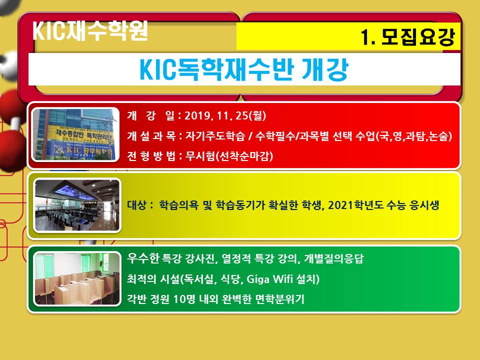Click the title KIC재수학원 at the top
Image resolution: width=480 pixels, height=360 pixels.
(x=90, y=30)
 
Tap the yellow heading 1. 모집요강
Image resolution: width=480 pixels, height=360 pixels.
(x=408, y=37)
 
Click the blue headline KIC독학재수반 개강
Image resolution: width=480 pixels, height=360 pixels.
(x=244, y=69)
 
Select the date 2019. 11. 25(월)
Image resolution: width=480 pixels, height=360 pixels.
(x=225, y=115)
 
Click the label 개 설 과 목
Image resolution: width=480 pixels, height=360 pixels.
(x=151, y=136)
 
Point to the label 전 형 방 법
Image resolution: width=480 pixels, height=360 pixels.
(x=151, y=156)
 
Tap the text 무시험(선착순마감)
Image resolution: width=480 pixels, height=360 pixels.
(x=229, y=156)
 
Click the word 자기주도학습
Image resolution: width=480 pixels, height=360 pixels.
(x=215, y=136)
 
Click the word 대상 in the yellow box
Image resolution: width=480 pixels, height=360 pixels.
(x=136, y=205)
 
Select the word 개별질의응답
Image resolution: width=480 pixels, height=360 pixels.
(x=333, y=258)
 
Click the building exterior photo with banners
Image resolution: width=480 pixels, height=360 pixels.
(x=75, y=134)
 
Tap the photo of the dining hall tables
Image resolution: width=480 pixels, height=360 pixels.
(x=77, y=205)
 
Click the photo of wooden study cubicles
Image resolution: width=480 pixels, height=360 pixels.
(x=77, y=279)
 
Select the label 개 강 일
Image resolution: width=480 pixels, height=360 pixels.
(x=151, y=115)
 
